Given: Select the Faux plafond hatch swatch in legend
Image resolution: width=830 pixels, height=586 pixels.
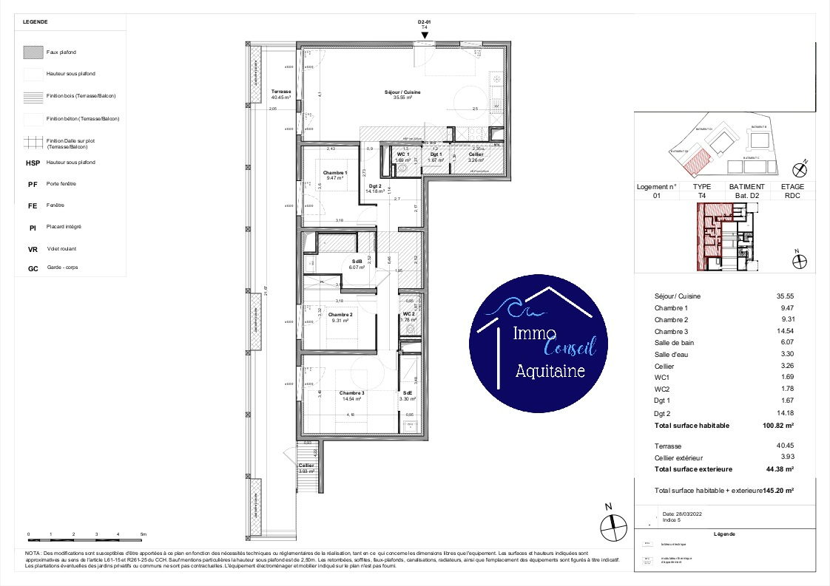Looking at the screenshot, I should (x=33, y=52).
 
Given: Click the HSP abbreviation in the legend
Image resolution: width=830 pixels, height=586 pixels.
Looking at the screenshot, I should (x=33, y=163).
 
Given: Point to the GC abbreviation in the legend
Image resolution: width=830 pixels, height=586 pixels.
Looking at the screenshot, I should (x=32, y=268).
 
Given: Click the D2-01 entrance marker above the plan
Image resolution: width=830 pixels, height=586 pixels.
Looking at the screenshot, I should (x=424, y=23).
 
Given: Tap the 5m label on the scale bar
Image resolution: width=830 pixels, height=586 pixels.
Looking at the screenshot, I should (x=144, y=534).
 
